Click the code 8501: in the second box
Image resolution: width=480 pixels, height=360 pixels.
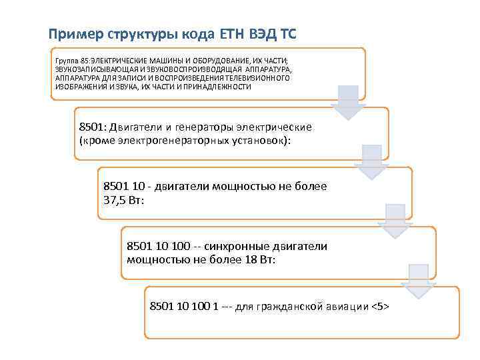93,127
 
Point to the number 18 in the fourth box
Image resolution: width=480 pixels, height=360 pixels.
250,259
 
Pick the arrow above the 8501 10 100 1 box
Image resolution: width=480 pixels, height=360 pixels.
418,281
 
